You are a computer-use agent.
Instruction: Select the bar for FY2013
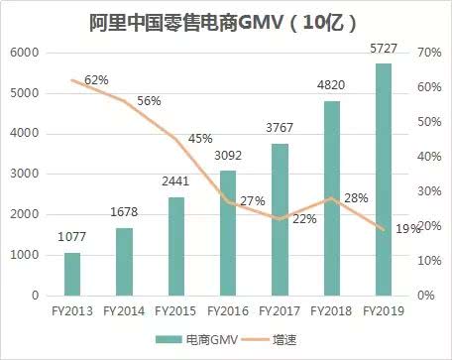pos(72,274)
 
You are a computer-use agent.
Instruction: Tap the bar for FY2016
pos(227,233)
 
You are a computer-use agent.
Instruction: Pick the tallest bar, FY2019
pos(383,180)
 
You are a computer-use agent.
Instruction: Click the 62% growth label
pos(96,79)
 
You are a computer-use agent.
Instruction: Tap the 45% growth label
pos(199,138)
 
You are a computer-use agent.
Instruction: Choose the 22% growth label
pos(304,218)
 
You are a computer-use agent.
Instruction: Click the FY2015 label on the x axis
pos(175,311)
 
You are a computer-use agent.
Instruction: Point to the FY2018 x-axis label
pos(330,311)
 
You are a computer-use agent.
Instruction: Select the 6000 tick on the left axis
pos(27,52)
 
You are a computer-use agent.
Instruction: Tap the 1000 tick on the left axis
pos(27,255)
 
